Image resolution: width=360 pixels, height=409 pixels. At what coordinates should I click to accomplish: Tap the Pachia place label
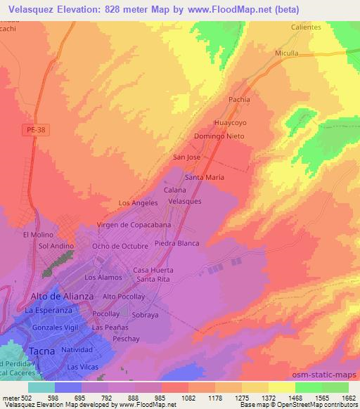click(x=239, y=100)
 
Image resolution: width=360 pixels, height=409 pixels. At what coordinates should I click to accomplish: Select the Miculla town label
click(x=286, y=53)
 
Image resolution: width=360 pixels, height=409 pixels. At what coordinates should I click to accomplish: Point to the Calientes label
click(x=306, y=27)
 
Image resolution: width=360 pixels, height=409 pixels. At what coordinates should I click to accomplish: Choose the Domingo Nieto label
click(x=219, y=136)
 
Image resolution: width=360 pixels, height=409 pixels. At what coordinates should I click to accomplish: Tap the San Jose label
click(x=187, y=157)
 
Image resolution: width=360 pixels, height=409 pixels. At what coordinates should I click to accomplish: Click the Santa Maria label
click(x=204, y=178)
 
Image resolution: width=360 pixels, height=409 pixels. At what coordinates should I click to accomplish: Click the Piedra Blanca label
click(x=176, y=243)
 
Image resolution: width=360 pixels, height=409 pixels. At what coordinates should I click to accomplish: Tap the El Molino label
click(x=38, y=235)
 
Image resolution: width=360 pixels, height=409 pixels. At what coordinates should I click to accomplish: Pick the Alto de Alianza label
click(x=60, y=296)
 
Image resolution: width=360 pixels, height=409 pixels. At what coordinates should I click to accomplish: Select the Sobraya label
click(x=145, y=316)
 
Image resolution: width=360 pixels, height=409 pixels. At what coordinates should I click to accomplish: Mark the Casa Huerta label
click(x=151, y=271)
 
